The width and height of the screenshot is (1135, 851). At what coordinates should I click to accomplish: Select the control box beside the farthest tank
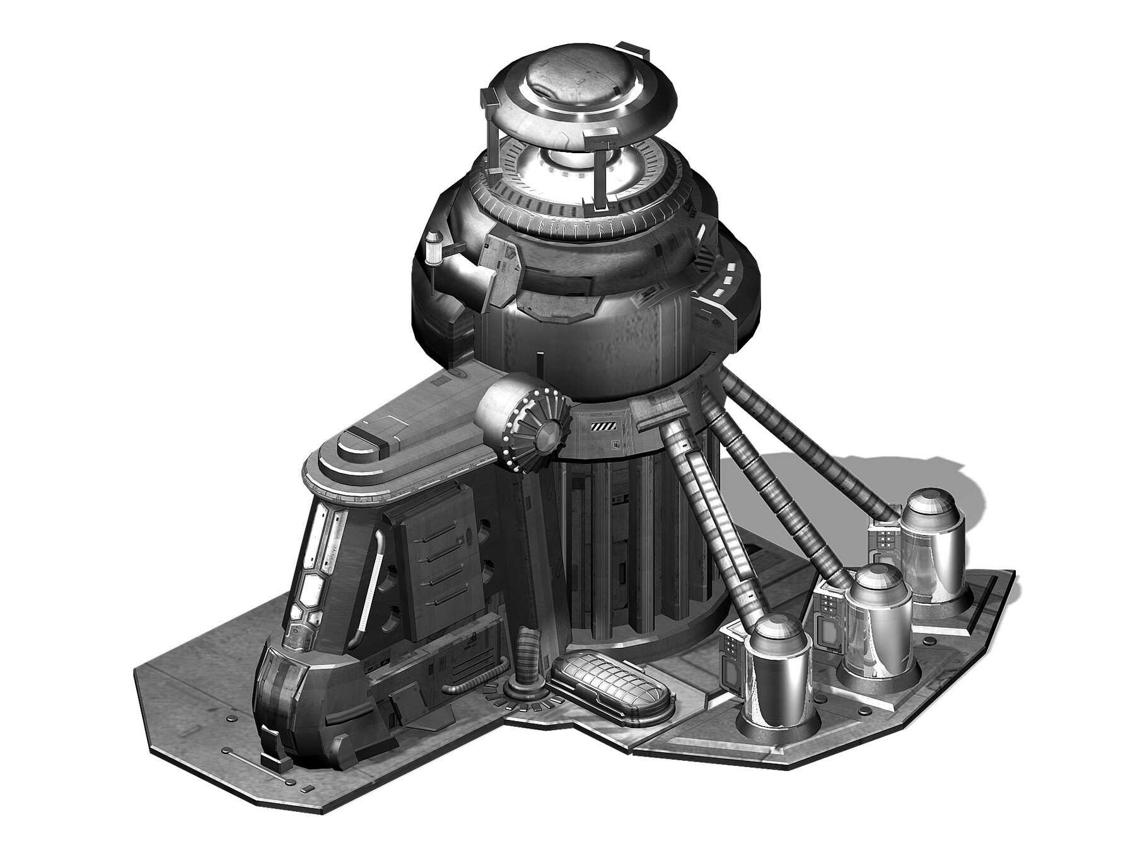(x=883, y=539)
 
